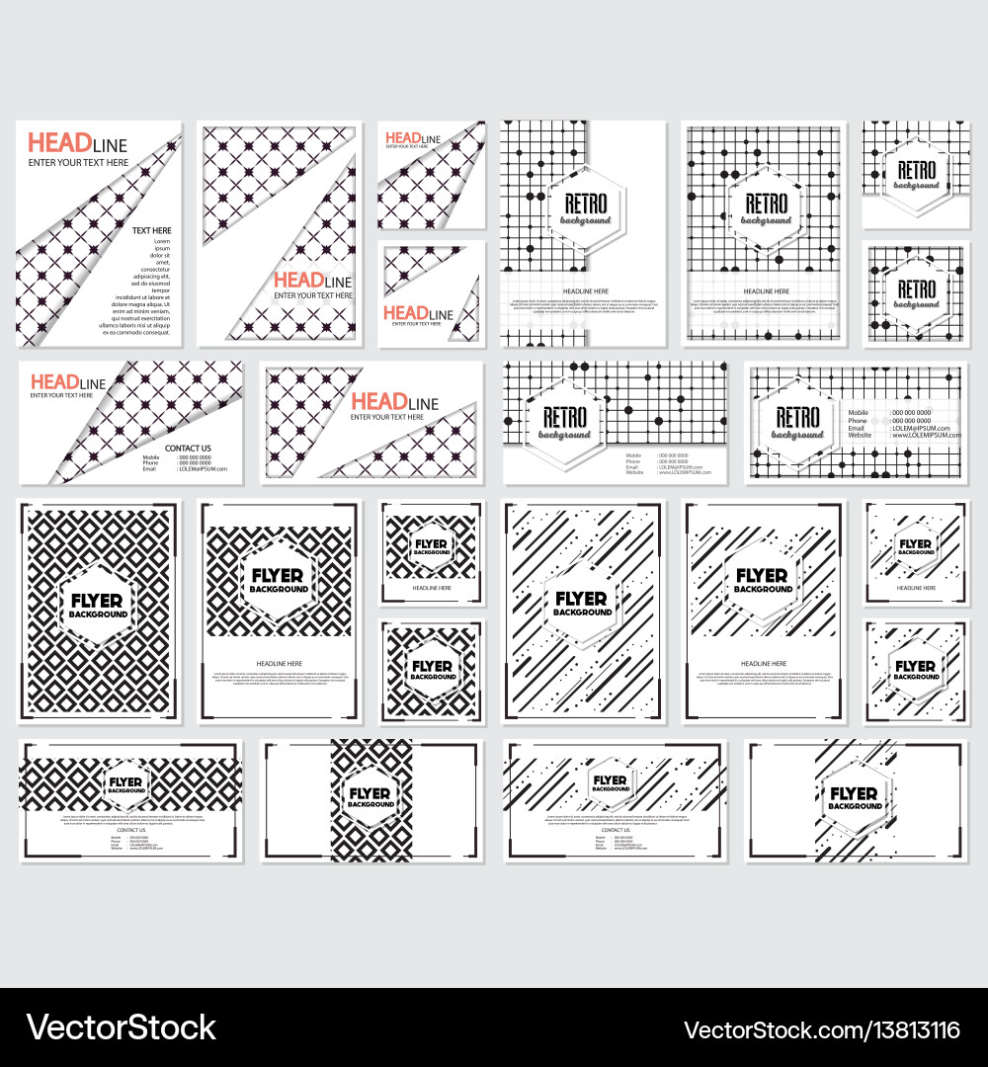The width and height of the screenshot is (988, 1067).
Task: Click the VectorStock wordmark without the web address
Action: click(x=120, y=1028)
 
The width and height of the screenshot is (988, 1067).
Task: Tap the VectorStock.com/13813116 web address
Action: click(x=821, y=1029)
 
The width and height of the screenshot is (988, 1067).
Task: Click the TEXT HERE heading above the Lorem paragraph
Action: click(x=152, y=230)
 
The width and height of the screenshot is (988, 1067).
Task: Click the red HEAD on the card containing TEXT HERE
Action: click(x=48, y=144)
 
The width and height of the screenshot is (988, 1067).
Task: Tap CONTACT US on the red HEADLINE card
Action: click(x=188, y=449)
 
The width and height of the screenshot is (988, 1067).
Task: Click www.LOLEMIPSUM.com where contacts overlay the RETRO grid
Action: click(x=925, y=435)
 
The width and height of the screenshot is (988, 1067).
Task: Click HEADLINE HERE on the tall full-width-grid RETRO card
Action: click(x=766, y=291)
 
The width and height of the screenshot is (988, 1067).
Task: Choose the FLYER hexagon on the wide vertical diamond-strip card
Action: click(x=370, y=798)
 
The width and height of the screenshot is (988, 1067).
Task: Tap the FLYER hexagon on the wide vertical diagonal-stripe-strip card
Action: click(x=855, y=798)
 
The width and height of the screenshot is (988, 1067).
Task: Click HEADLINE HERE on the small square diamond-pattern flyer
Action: click(x=431, y=588)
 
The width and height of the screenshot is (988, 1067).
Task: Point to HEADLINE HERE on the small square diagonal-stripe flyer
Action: click(x=915, y=588)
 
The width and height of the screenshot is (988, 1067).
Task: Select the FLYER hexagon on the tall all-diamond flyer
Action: click(x=97, y=606)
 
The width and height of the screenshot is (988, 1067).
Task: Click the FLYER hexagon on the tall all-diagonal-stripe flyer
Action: click(x=582, y=604)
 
